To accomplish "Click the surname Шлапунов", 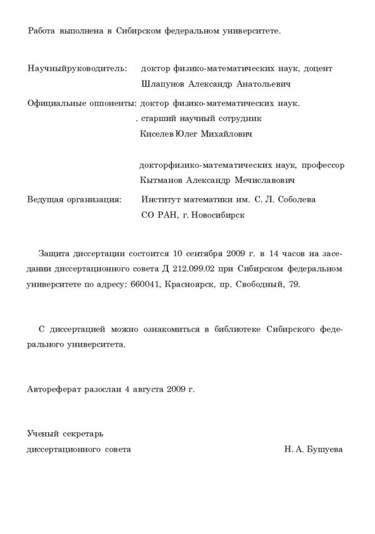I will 164,84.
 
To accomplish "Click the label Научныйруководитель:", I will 77,68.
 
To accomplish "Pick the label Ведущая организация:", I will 74,200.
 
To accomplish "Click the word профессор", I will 322,166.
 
